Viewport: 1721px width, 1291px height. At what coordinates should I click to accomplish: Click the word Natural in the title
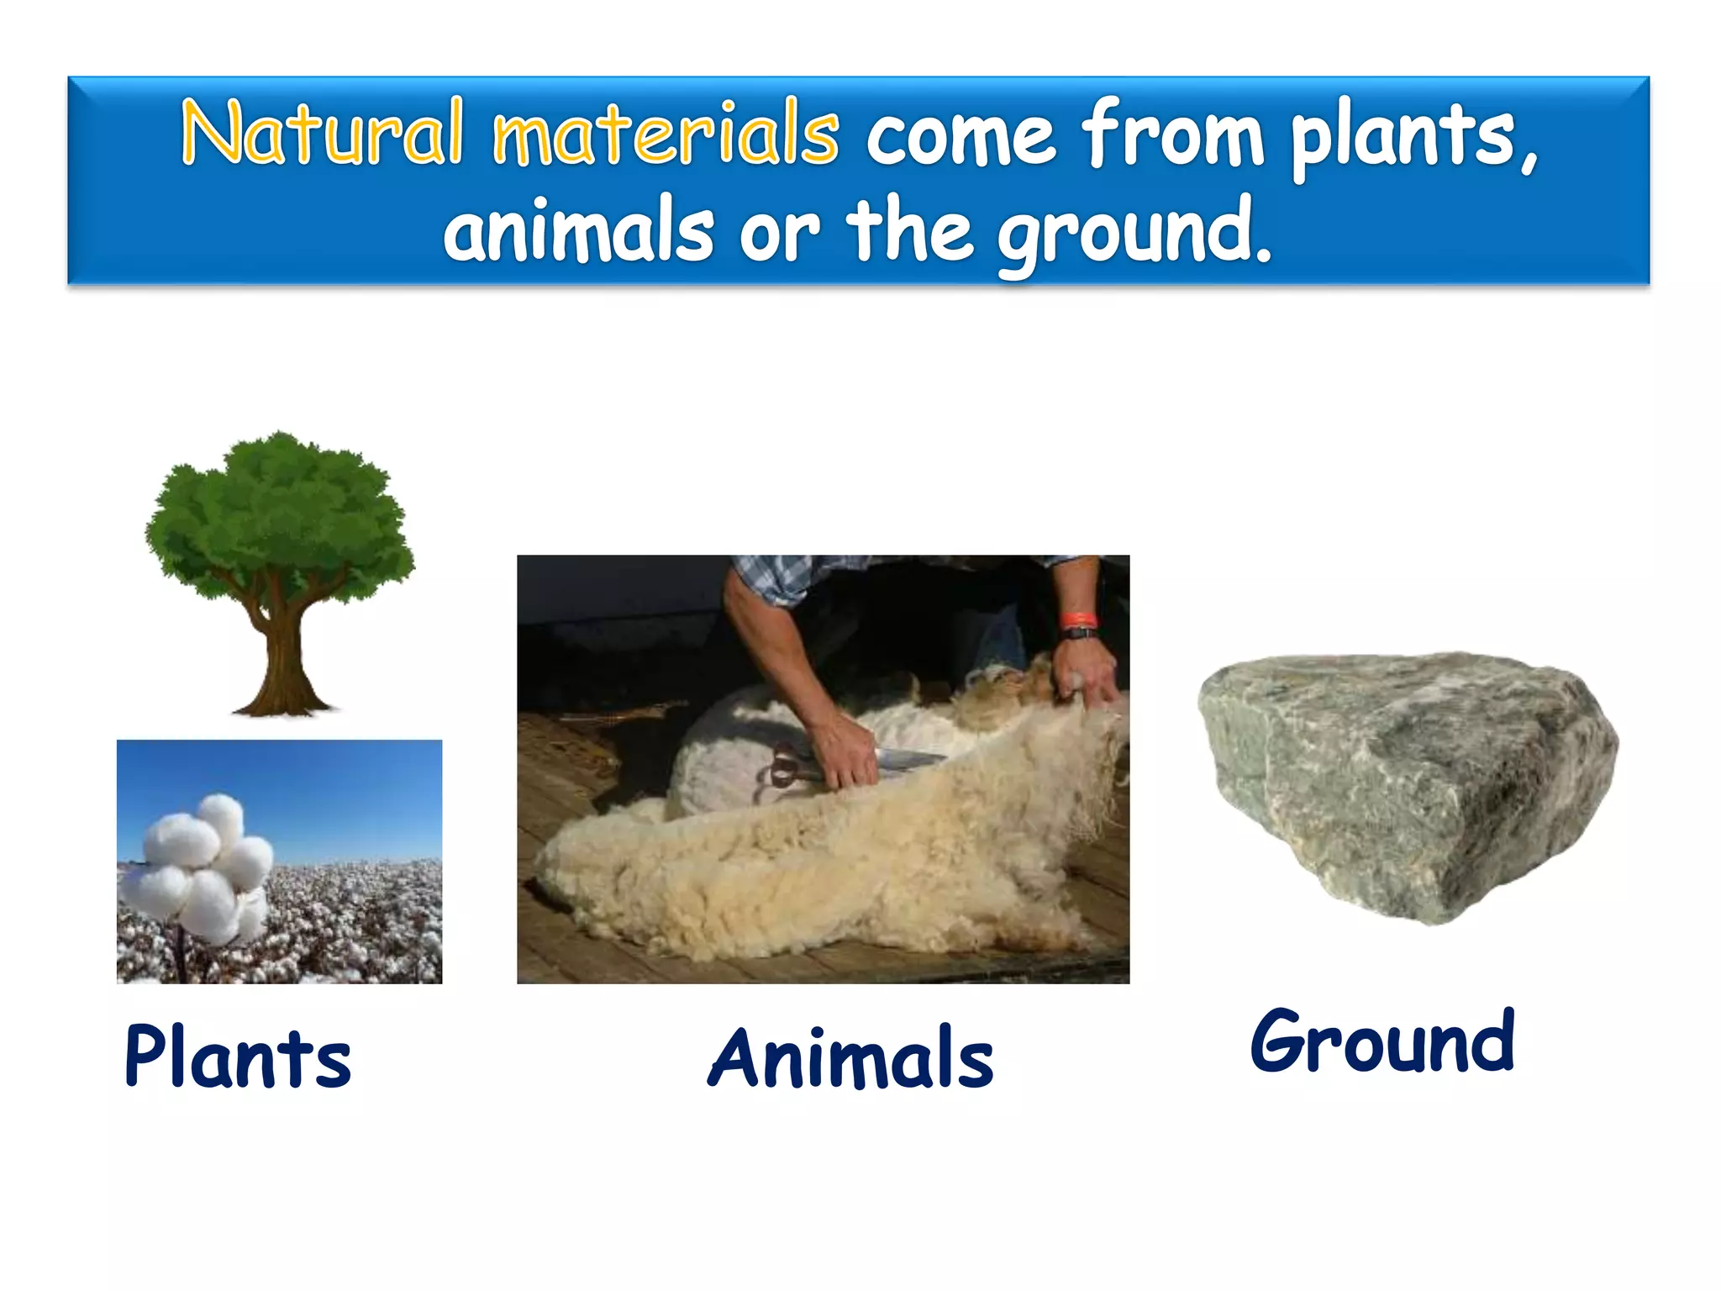click(323, 133)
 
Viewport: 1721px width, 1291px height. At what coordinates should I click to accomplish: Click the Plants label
click(238, 1057)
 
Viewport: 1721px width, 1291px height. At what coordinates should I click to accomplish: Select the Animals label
click(850, 1059)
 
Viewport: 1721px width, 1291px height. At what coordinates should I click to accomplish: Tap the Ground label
click(1383, 1042)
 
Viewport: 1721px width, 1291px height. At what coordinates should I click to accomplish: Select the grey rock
click(1408, 786)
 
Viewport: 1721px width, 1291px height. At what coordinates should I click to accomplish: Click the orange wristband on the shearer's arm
click(1077, 621)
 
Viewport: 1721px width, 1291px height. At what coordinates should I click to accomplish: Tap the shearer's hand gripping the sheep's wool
click(1084, 672)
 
